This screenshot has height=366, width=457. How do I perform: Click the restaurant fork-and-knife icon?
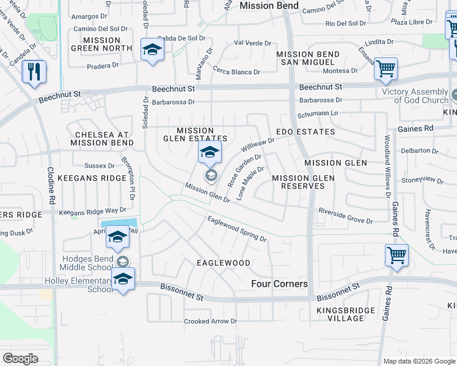pos(34,72)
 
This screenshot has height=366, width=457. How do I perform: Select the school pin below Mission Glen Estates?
pos(209,153)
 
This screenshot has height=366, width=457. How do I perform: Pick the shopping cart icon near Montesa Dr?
pos(386,70)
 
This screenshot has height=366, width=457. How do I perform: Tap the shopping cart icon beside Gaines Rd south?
pos(397,255)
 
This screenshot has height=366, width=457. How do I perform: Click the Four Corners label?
pos(279,284)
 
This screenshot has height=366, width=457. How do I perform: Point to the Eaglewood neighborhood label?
pos(224,263)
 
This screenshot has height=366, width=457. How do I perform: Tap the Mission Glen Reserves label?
pos(303,182)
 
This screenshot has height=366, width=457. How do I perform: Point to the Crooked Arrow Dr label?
pos(210,321)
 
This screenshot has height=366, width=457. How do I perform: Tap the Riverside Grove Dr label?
pos(345,215)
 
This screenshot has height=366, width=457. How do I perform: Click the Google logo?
pos(21,359)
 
